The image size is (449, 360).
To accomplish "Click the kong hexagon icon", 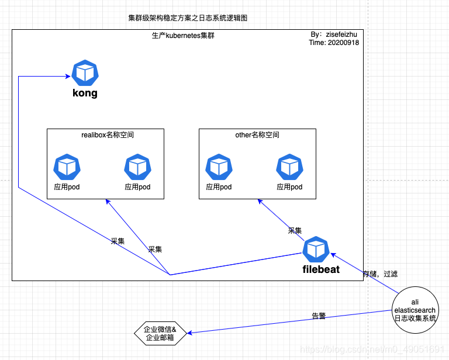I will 85,73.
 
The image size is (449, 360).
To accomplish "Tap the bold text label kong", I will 85,93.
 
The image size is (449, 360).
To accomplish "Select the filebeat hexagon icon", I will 316,250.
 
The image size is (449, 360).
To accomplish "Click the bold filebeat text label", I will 321,270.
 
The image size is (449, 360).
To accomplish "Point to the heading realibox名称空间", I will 108,135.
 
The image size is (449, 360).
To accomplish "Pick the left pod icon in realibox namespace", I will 67,167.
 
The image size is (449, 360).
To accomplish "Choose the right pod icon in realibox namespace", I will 138,167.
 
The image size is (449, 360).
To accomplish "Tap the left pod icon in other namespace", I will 219,167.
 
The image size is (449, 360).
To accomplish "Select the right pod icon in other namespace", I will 289,167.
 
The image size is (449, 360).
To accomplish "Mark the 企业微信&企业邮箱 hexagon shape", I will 160,334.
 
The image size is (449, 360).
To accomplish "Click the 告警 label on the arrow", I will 319,316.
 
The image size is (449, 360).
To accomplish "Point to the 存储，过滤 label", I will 380,274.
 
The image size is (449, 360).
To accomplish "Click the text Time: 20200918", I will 334,43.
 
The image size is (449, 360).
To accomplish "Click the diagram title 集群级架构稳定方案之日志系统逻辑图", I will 188,18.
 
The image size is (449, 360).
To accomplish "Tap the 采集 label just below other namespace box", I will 295,231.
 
